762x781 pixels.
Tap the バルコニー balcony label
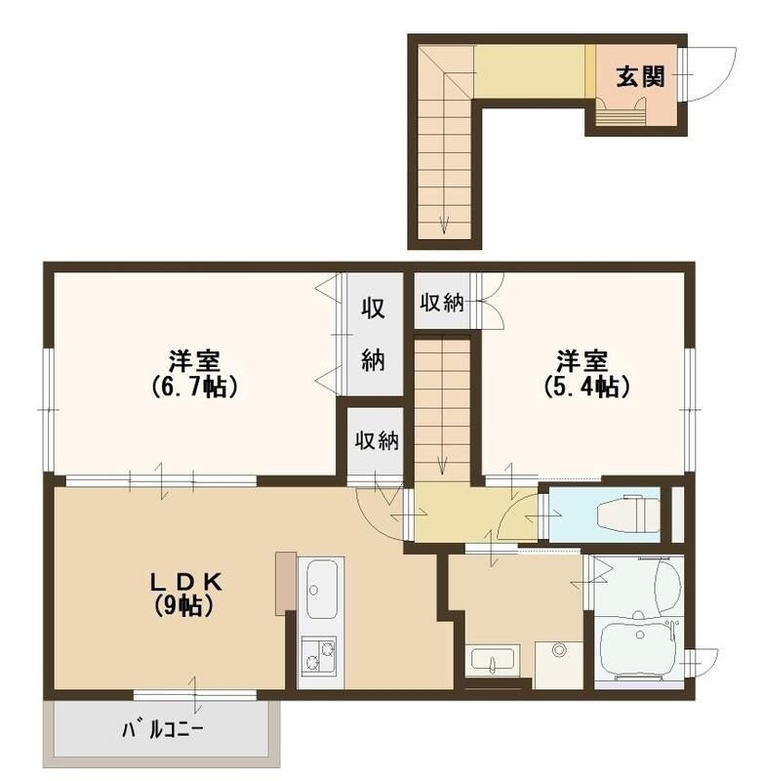click(164, 730)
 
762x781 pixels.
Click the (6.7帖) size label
click(195, 387)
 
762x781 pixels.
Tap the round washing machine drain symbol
click(558, 649)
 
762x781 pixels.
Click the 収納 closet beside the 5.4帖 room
click(441, 303)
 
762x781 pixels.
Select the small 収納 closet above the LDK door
click(376, 440)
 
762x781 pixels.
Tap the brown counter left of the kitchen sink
click(284, 583)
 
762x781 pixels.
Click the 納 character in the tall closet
click(374, 359)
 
